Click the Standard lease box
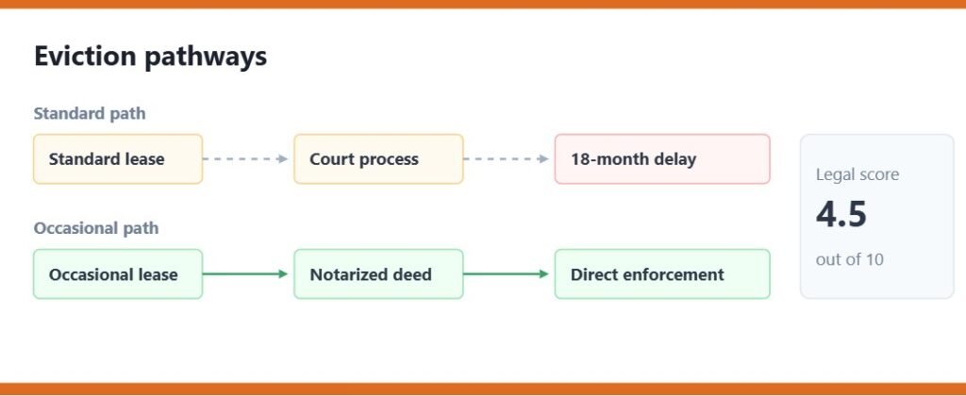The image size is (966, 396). (x=118, y=159)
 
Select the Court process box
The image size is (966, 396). (x=378, y=159)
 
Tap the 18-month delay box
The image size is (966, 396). (x=662, y=159)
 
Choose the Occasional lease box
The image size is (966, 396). (x=118, y=274)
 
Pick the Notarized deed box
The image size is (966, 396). (x=378, y=274)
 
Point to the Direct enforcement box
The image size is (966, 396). (x=662, y=274)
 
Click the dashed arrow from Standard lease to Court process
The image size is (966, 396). (x=245, y=159)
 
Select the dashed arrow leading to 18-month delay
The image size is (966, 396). (x=506, y=159)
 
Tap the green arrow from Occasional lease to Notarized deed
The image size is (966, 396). (x=245, y=274)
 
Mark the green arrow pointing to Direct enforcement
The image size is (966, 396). (x=506, y=274)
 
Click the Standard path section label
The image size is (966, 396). (x=90, y=114)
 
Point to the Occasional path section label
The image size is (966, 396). (x=96, y=228)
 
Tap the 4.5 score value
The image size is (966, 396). (x=841, y=214)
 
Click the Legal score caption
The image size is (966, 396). (x=857, y=175)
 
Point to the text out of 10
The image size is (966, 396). (x=850, y=259)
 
